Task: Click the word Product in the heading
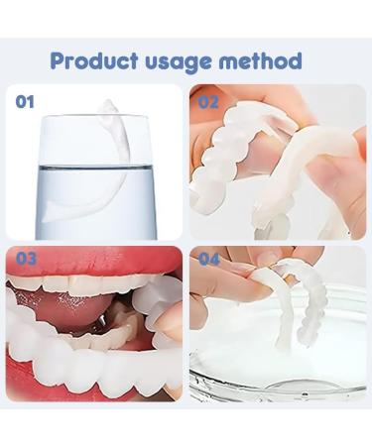96,60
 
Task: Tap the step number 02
208,100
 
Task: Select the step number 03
27,259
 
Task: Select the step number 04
209,259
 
